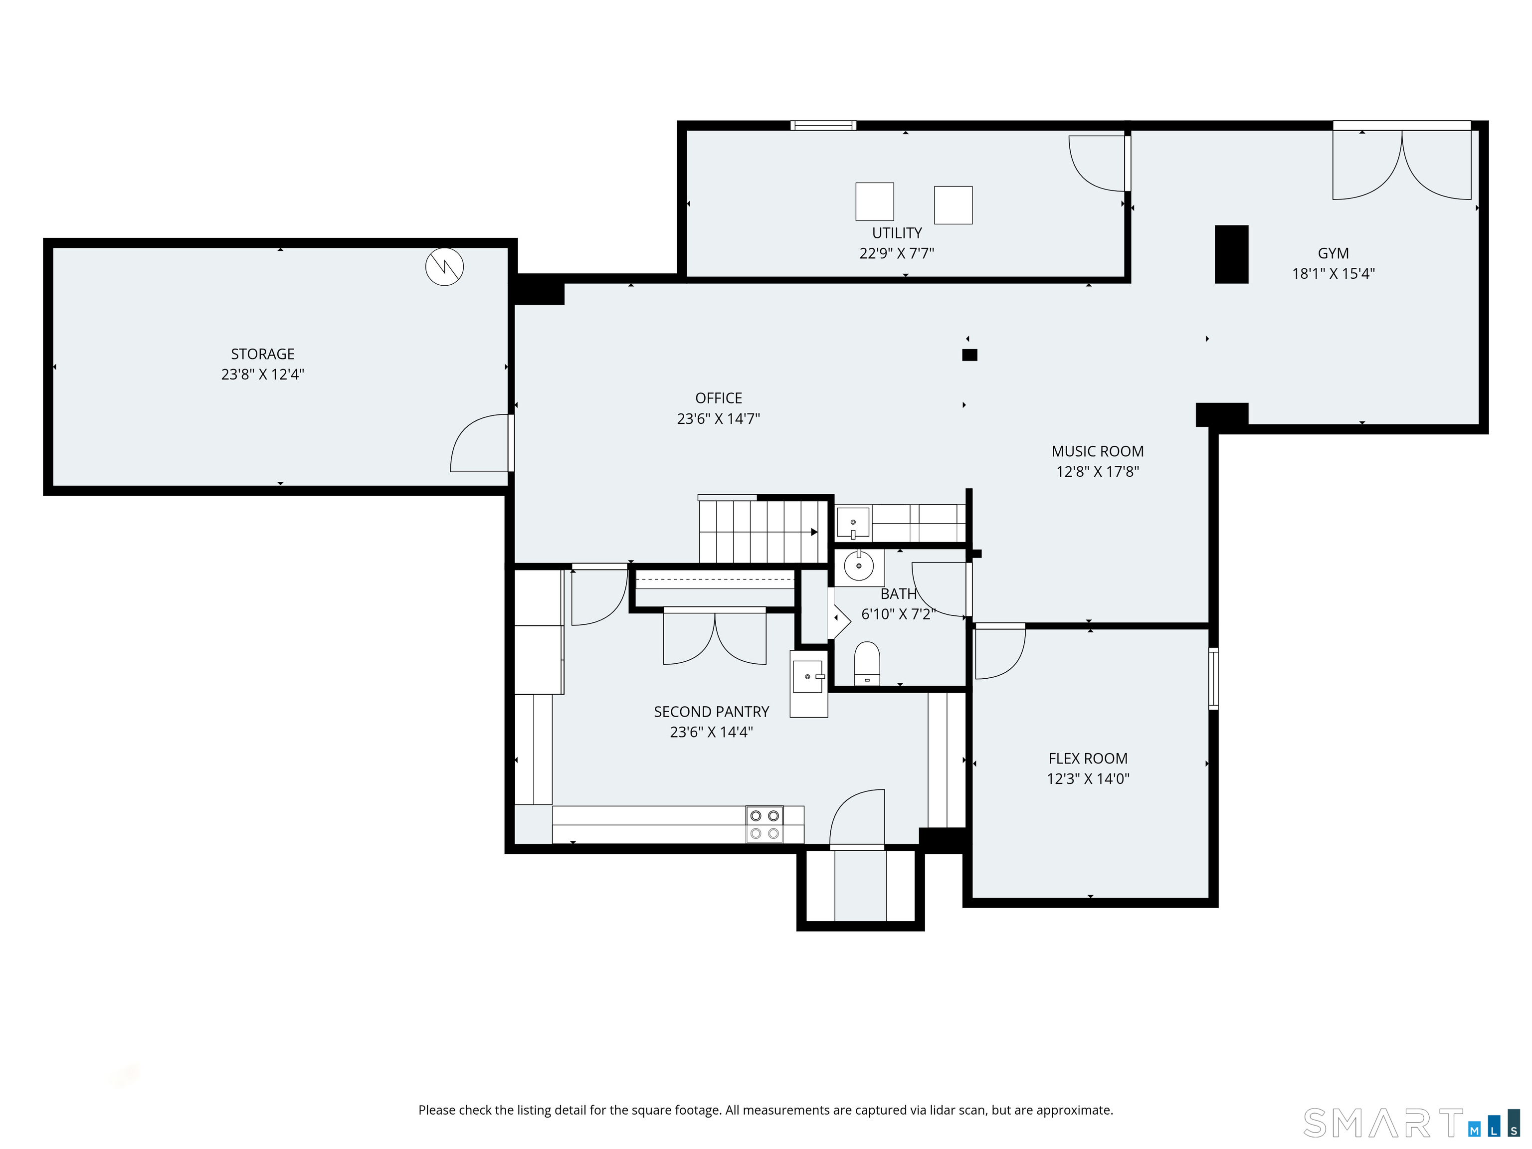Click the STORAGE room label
(x=262, y=354)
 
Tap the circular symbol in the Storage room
(x=444, y=267)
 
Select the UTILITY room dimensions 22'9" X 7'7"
(x=896, y=253)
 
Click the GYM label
(x=1333, y=253)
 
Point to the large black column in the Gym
(x=1231, y=254)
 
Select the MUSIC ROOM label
(x=1097, y=451)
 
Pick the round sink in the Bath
(x=859, y=567)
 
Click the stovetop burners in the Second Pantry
(x=765, y=825)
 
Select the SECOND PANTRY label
(x=711, y=712)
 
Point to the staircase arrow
(x=814, y=532)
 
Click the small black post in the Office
(x=969, y=355)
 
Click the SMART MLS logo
(x=1412, y=1123)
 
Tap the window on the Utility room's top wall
(x=823, y=125)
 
